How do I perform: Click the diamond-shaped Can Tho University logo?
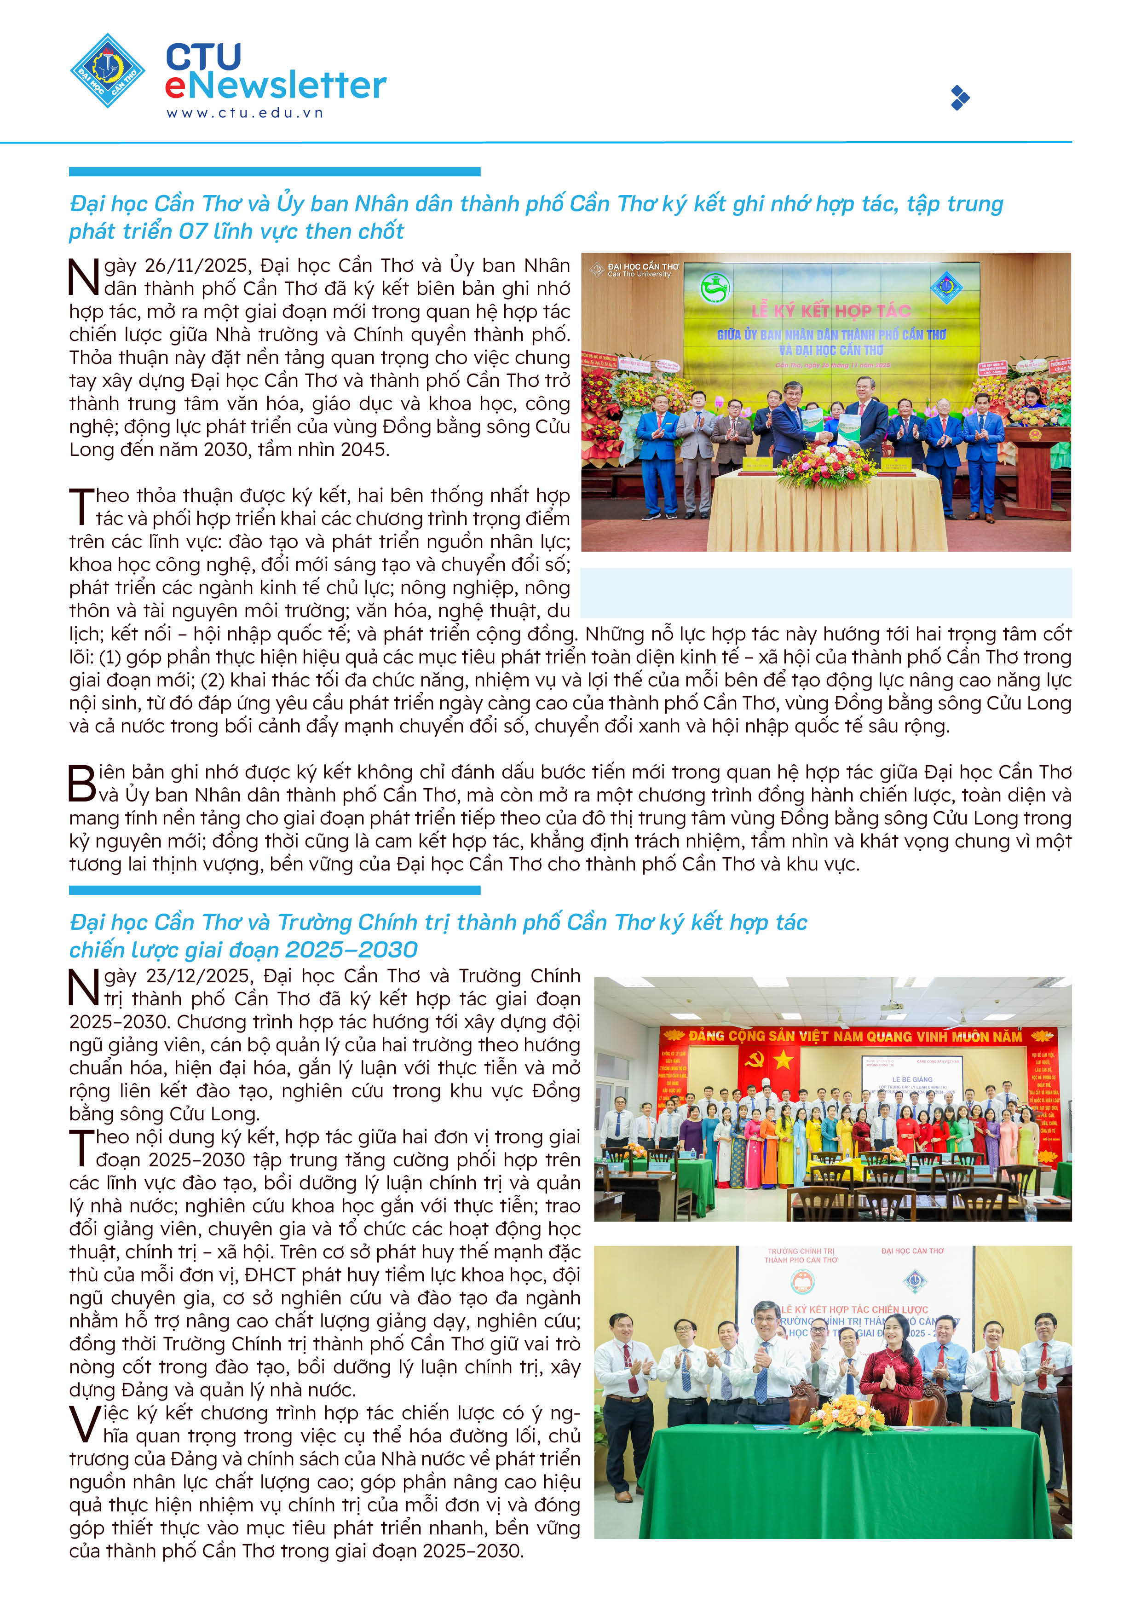coord(108,70)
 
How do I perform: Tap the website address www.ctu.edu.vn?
coord(245,112)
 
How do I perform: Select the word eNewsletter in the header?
coord(276,86)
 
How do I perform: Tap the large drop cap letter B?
coord(81,783)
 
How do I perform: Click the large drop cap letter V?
coord(84,1424)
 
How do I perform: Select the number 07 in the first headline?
coord(193,231)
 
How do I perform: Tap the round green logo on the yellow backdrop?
coord(715,288)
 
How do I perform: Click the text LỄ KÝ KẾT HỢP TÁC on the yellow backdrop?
coord(831,311)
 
